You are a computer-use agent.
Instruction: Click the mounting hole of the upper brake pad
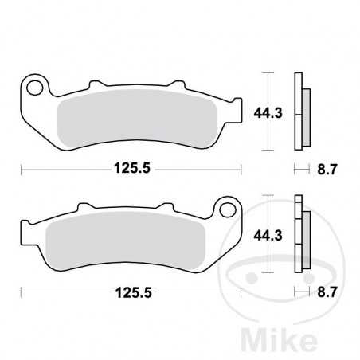tap(33, 84)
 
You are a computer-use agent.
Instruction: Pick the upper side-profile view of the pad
tap(300, 112)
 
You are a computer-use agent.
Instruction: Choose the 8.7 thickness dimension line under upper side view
tap(300, 169)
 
